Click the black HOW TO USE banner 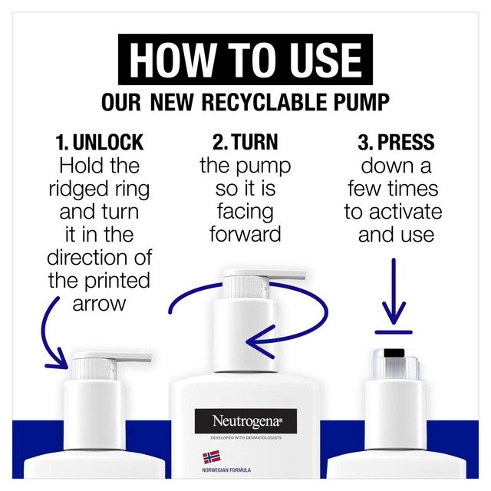[x=245, y=60]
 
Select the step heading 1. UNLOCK [x=99, y=143]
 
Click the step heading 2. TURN [x=245, y=142]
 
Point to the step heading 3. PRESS [x=396, y=142]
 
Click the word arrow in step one [x=99, y=304]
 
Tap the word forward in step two [x=245, y=234]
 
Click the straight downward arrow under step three [x=394, y=292]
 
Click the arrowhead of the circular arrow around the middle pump [x=261, y=341]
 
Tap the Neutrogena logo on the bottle [x=245, y=421]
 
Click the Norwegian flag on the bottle [x=212, y=457]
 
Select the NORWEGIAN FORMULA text [x=226, y=470]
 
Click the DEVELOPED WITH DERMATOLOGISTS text [x=245, y=438]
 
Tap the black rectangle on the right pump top [x=394, y=353]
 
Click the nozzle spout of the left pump [x=131, y=358]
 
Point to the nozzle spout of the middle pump [x=285, y=275]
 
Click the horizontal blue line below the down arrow [x=394, y=332]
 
